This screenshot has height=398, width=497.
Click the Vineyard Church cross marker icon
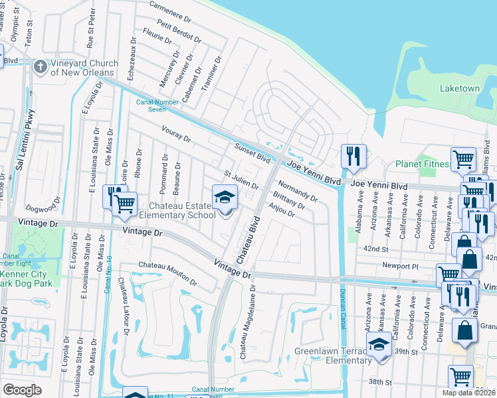click(x=40, y=67)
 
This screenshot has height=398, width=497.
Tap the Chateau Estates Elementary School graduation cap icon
click(x=225, y=197)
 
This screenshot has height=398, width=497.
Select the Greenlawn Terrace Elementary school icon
click(x=379, y=346)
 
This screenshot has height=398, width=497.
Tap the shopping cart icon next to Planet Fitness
click(x=463, y=159)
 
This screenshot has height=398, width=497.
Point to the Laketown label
click(x=459, y=88)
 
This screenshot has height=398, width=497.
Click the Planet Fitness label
click(x=423, y=164)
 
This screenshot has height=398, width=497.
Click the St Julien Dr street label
click(x=241, y=180)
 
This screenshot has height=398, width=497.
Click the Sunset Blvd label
click(x=252, y=154)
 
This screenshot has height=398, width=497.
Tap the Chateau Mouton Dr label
click(x=167, y=273)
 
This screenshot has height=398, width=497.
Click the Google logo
click(x=21, y=390)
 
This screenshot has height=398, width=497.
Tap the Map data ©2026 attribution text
click(x=468, y=393)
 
